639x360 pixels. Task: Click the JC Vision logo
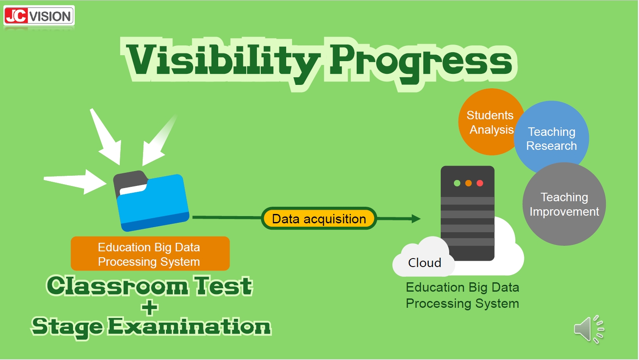[x=39, y=16]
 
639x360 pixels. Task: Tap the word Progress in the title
[x=421, y=63]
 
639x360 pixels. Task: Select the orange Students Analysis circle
[x=491, y=122]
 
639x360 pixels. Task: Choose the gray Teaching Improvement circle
[x=564, y=204]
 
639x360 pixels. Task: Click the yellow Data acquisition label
[x=319, y=219]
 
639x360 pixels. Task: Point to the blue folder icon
[x=151, y=201]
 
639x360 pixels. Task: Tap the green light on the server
[x=457, y=183]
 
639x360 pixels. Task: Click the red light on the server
[x=480, y=183]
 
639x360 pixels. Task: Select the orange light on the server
[x=468, y=183]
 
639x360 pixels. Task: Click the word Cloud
[x=425, y=263]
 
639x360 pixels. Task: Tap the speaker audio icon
[x=589, y=330]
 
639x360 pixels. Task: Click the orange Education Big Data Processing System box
[x=150, y=253]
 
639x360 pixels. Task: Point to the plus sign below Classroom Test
[x=149, y=307]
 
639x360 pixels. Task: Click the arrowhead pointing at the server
[x=416, y=219]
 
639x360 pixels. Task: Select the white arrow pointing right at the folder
[x=75, y=181]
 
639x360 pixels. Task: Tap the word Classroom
[x=117, y=286]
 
